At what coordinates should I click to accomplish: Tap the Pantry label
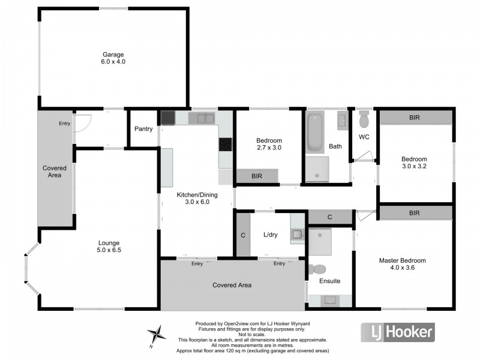pyautogui.click(x=143, y=129)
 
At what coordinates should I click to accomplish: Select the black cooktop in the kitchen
pyautogui.click(x=226, y=145)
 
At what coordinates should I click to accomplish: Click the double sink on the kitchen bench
pyautogui.click(x=202, y=118)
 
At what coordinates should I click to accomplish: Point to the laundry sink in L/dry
pyautogui.click(x=298, y=236)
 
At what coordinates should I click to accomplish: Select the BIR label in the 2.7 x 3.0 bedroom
pyautogui.click(x=256, y=176)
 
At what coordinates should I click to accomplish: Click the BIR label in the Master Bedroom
pyautogui.click(x=414, y=212)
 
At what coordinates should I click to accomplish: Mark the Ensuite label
pyautogui.click(x=329, y=281)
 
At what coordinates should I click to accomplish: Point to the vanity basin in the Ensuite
pyautogui.click(x=329, y=300)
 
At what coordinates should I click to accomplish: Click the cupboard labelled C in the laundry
pyautogui.click(x=243, y=235)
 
